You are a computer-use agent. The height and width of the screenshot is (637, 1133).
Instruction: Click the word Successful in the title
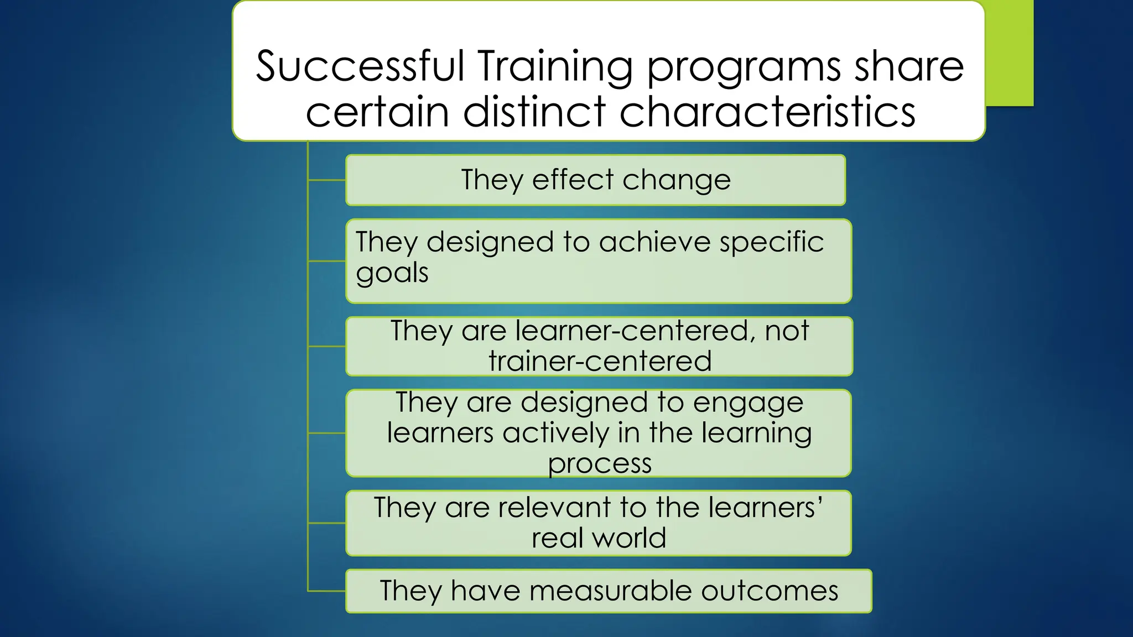[360, 66]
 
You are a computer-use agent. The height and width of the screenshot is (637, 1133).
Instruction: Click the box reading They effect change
[595, 180]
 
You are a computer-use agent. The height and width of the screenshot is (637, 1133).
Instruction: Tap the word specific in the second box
[772, 243]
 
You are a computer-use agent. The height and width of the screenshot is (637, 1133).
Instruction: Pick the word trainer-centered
[600, 361]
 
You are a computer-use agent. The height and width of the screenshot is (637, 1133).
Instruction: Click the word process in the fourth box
[600, 463]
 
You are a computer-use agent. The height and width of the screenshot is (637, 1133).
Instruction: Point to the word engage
[748, 403]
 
